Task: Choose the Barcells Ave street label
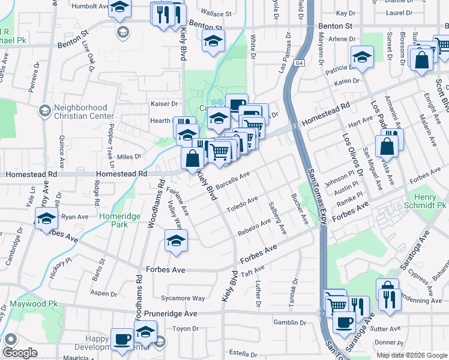pyautogui.click(x=232, y=180)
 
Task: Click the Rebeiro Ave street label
pyautogui.click(x=254, y=227)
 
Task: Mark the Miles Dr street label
pyautogui.click(x=128, y=157)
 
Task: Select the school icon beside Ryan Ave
pyautogui.click(x=46, y=220)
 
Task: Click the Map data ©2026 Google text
pyautogui.click(x=412, y=355)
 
